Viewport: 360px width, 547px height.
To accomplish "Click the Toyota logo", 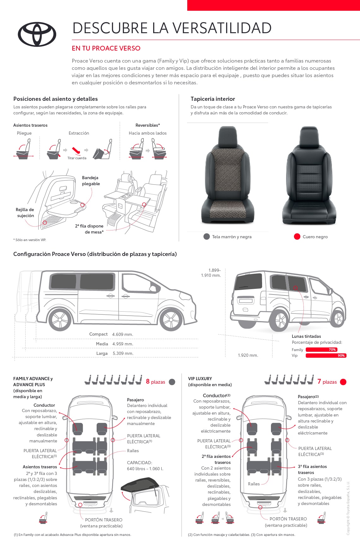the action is point(37,34).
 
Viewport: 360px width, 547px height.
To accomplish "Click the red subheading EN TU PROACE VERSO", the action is point(106,48).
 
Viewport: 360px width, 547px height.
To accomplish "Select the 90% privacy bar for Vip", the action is point(326,356).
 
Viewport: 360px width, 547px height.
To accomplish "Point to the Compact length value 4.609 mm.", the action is point(123,334).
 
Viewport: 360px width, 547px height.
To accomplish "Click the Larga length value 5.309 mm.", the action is point(123,353).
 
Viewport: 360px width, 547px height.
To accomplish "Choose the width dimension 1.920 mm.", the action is point(248,355).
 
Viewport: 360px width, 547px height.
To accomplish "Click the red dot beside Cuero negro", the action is point(297,237).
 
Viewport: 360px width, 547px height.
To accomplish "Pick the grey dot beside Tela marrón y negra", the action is point(207,237).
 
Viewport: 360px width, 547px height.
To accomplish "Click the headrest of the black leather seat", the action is point(309,137).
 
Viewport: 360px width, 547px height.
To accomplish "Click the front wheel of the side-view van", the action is point(171,319).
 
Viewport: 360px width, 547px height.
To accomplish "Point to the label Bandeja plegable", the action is point(91,181).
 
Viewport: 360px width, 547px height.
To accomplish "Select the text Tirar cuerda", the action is point(77,158).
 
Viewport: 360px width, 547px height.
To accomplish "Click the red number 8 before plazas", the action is point(148,381).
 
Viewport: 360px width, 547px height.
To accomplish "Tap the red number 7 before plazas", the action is point(319,381).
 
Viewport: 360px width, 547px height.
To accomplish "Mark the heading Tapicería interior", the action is point(213,99).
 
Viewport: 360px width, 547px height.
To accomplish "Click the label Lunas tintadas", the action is point(306,336).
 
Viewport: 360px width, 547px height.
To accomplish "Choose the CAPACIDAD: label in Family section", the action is point(140,463).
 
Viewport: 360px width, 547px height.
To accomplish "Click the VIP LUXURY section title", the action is point(200,379).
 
